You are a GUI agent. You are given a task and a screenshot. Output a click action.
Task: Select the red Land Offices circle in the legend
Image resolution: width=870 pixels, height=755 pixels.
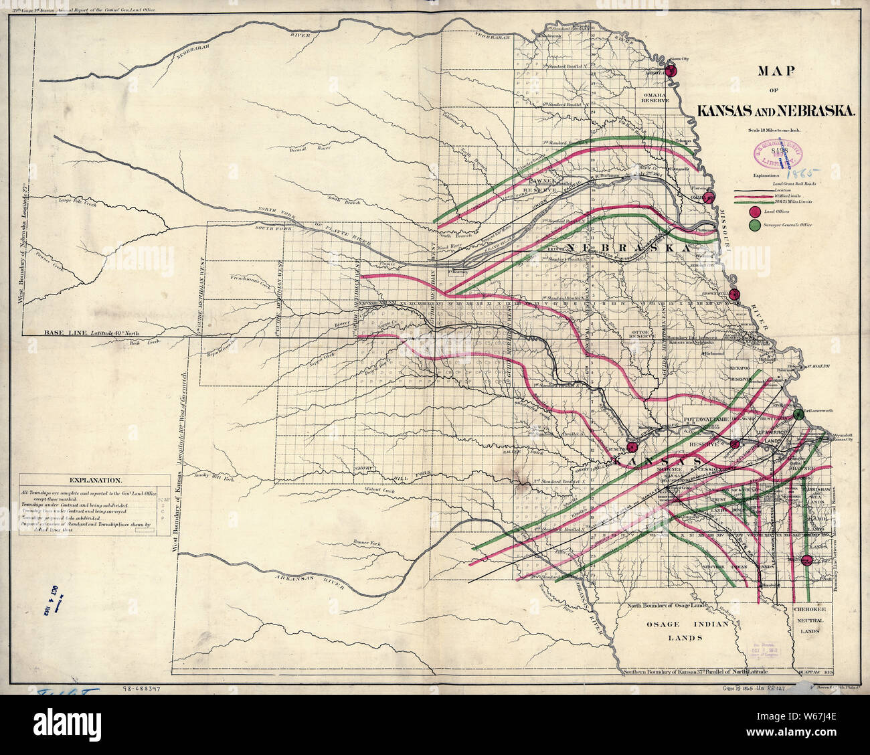755,213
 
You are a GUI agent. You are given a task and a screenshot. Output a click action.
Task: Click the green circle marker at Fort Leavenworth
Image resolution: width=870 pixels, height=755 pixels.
798,414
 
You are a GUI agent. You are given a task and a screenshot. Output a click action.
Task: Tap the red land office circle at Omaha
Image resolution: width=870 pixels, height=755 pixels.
711,196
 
